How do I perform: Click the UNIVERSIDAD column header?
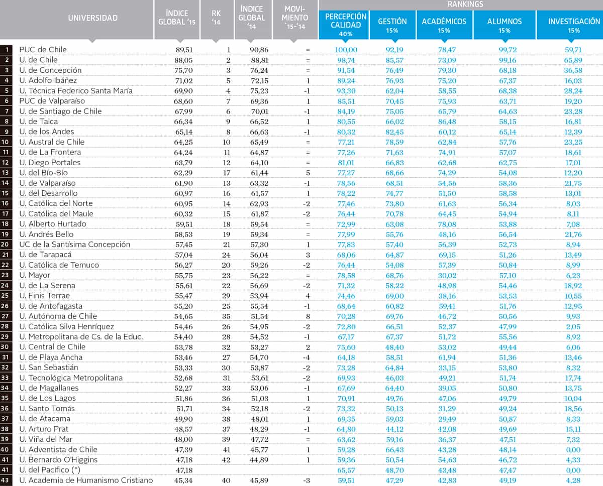click(x=92, y=18)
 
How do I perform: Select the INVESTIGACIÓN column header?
click(x=573, y=22)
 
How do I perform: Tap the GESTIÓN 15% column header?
click(x=392, y=22)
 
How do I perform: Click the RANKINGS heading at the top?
click(x=465, y=4)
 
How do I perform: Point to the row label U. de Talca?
click(x=39, y=122)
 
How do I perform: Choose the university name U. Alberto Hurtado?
click(x=53, y=224)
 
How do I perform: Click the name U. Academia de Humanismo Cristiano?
click(x=86, y=480)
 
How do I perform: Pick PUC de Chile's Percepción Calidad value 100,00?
click(x=341, y=50)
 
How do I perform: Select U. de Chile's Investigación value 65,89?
click(x=572, y=60)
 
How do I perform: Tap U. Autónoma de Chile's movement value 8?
click(x=308, y=316)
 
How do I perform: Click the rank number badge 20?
click(x=7, y=245)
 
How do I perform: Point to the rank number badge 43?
click(x=7, y=480)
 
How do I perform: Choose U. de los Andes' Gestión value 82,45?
click(x=394, y=132)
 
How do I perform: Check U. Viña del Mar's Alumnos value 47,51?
click(x=505, y=439)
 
